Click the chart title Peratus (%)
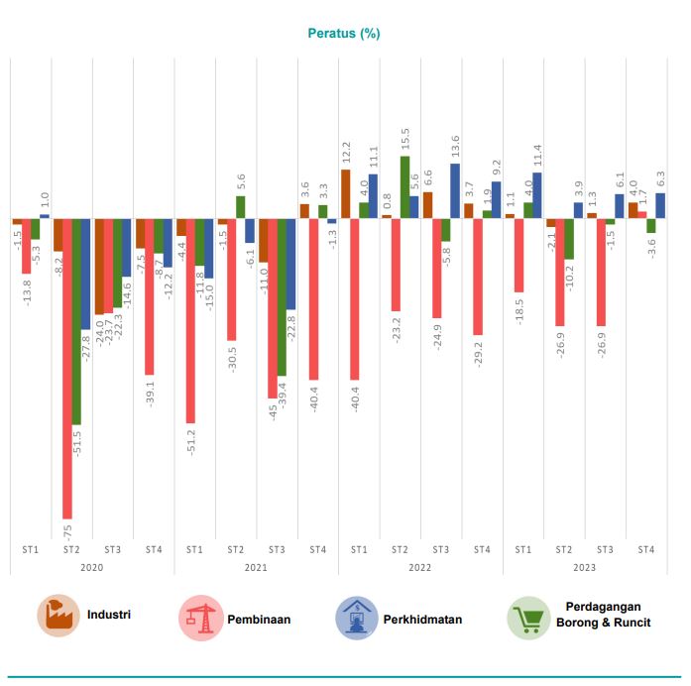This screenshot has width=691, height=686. pos(344,34)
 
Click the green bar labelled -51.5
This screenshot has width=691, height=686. pos(76,321)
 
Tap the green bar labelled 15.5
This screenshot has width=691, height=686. pos(404,187)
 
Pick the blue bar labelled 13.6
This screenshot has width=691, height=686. pos(455,190)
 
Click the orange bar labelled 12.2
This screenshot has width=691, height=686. pos(345,193)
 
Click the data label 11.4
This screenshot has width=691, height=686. pos(536,155)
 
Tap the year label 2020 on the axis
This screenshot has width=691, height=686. pos(91,567)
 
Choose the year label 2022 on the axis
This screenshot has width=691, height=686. pos(420,567)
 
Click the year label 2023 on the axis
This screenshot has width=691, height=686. pos(584,567)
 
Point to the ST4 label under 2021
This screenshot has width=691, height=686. pos(317,548)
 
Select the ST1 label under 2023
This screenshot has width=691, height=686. pos(522,548)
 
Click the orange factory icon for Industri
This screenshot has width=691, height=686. pos(58,617)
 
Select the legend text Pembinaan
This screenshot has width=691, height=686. pos(259,620)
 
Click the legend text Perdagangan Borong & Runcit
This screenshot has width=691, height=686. pos(608,615)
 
